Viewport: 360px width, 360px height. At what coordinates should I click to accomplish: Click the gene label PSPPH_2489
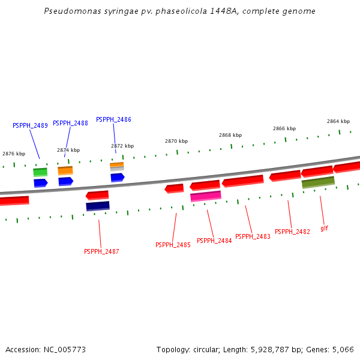(x=30, y=125)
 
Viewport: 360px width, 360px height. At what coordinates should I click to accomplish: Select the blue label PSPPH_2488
(x=70, y=123)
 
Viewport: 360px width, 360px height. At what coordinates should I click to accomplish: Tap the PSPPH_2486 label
(x=113, y=119)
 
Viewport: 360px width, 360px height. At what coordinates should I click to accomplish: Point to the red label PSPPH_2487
(x=101, y=251)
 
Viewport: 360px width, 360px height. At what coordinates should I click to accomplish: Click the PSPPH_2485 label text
(x=173, y=245)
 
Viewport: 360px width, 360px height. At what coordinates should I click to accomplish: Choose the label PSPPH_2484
(x=214, y=241)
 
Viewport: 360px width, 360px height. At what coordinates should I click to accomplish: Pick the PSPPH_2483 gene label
(x=253, y=236)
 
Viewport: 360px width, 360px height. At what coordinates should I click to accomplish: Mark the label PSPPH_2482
(x=292, y=232)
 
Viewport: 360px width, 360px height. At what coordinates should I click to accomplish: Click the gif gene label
(x=324, y=228)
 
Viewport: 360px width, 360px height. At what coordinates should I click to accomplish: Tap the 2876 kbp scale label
(x=14, y=154)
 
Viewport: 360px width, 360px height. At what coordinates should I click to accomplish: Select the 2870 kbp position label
(x=176, y=141)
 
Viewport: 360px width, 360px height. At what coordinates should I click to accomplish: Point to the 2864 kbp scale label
(x=338, y=121)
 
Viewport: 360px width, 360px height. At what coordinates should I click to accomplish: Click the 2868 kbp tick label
(x=230, y=135)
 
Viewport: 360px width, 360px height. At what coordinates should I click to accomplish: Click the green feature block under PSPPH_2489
(x=40, y=172)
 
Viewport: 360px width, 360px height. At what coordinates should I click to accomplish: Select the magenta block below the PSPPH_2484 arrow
(x=206, y=196)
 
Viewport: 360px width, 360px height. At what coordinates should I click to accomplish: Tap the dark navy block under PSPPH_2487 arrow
(x=98, y=206)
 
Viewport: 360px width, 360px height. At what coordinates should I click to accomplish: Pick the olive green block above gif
(x=318, y=182)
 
